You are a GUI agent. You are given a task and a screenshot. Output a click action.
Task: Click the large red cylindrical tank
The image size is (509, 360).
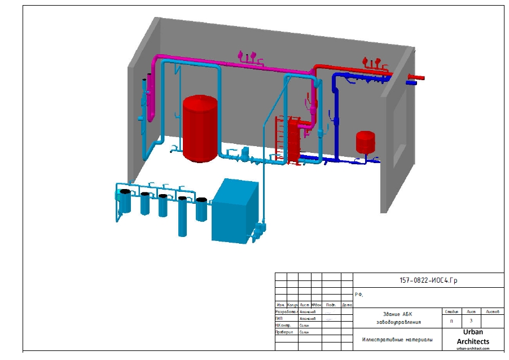click(200, 128)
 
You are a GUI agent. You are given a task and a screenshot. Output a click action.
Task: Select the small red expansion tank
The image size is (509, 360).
click(365, 142)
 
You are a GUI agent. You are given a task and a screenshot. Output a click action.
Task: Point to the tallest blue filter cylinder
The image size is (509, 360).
click(182, 217)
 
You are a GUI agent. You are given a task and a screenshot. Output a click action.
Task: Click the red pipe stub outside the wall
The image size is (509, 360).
click(416, 77)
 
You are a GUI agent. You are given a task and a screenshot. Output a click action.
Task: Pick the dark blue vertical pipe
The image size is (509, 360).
click(336, 118)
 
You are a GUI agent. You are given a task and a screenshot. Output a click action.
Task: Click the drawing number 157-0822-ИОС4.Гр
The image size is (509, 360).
click(428, 280)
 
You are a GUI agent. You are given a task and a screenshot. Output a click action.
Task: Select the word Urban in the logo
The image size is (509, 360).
click(472, 332)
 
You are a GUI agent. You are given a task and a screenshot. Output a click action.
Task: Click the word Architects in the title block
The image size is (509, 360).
click(472, 341)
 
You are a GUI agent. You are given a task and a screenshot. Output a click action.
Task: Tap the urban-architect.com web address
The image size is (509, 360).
click(472, 349)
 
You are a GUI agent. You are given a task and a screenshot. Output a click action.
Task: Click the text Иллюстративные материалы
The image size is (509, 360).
click(398, 340)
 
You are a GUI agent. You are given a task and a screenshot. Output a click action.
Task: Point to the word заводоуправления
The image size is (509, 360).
click(398, 322)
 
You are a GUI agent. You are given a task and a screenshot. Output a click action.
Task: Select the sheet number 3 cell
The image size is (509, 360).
click(471, 321)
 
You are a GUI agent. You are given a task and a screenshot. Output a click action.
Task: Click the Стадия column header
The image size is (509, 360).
click(451, 311)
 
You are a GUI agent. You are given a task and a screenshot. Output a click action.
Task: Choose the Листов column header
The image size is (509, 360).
click(492, 311)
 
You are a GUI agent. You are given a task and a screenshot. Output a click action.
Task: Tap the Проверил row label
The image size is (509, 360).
click(284, 332)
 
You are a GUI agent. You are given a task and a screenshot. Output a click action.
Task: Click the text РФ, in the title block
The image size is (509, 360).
click(359, 295)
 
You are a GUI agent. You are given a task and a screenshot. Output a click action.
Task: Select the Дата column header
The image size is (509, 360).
click(347, 305)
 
